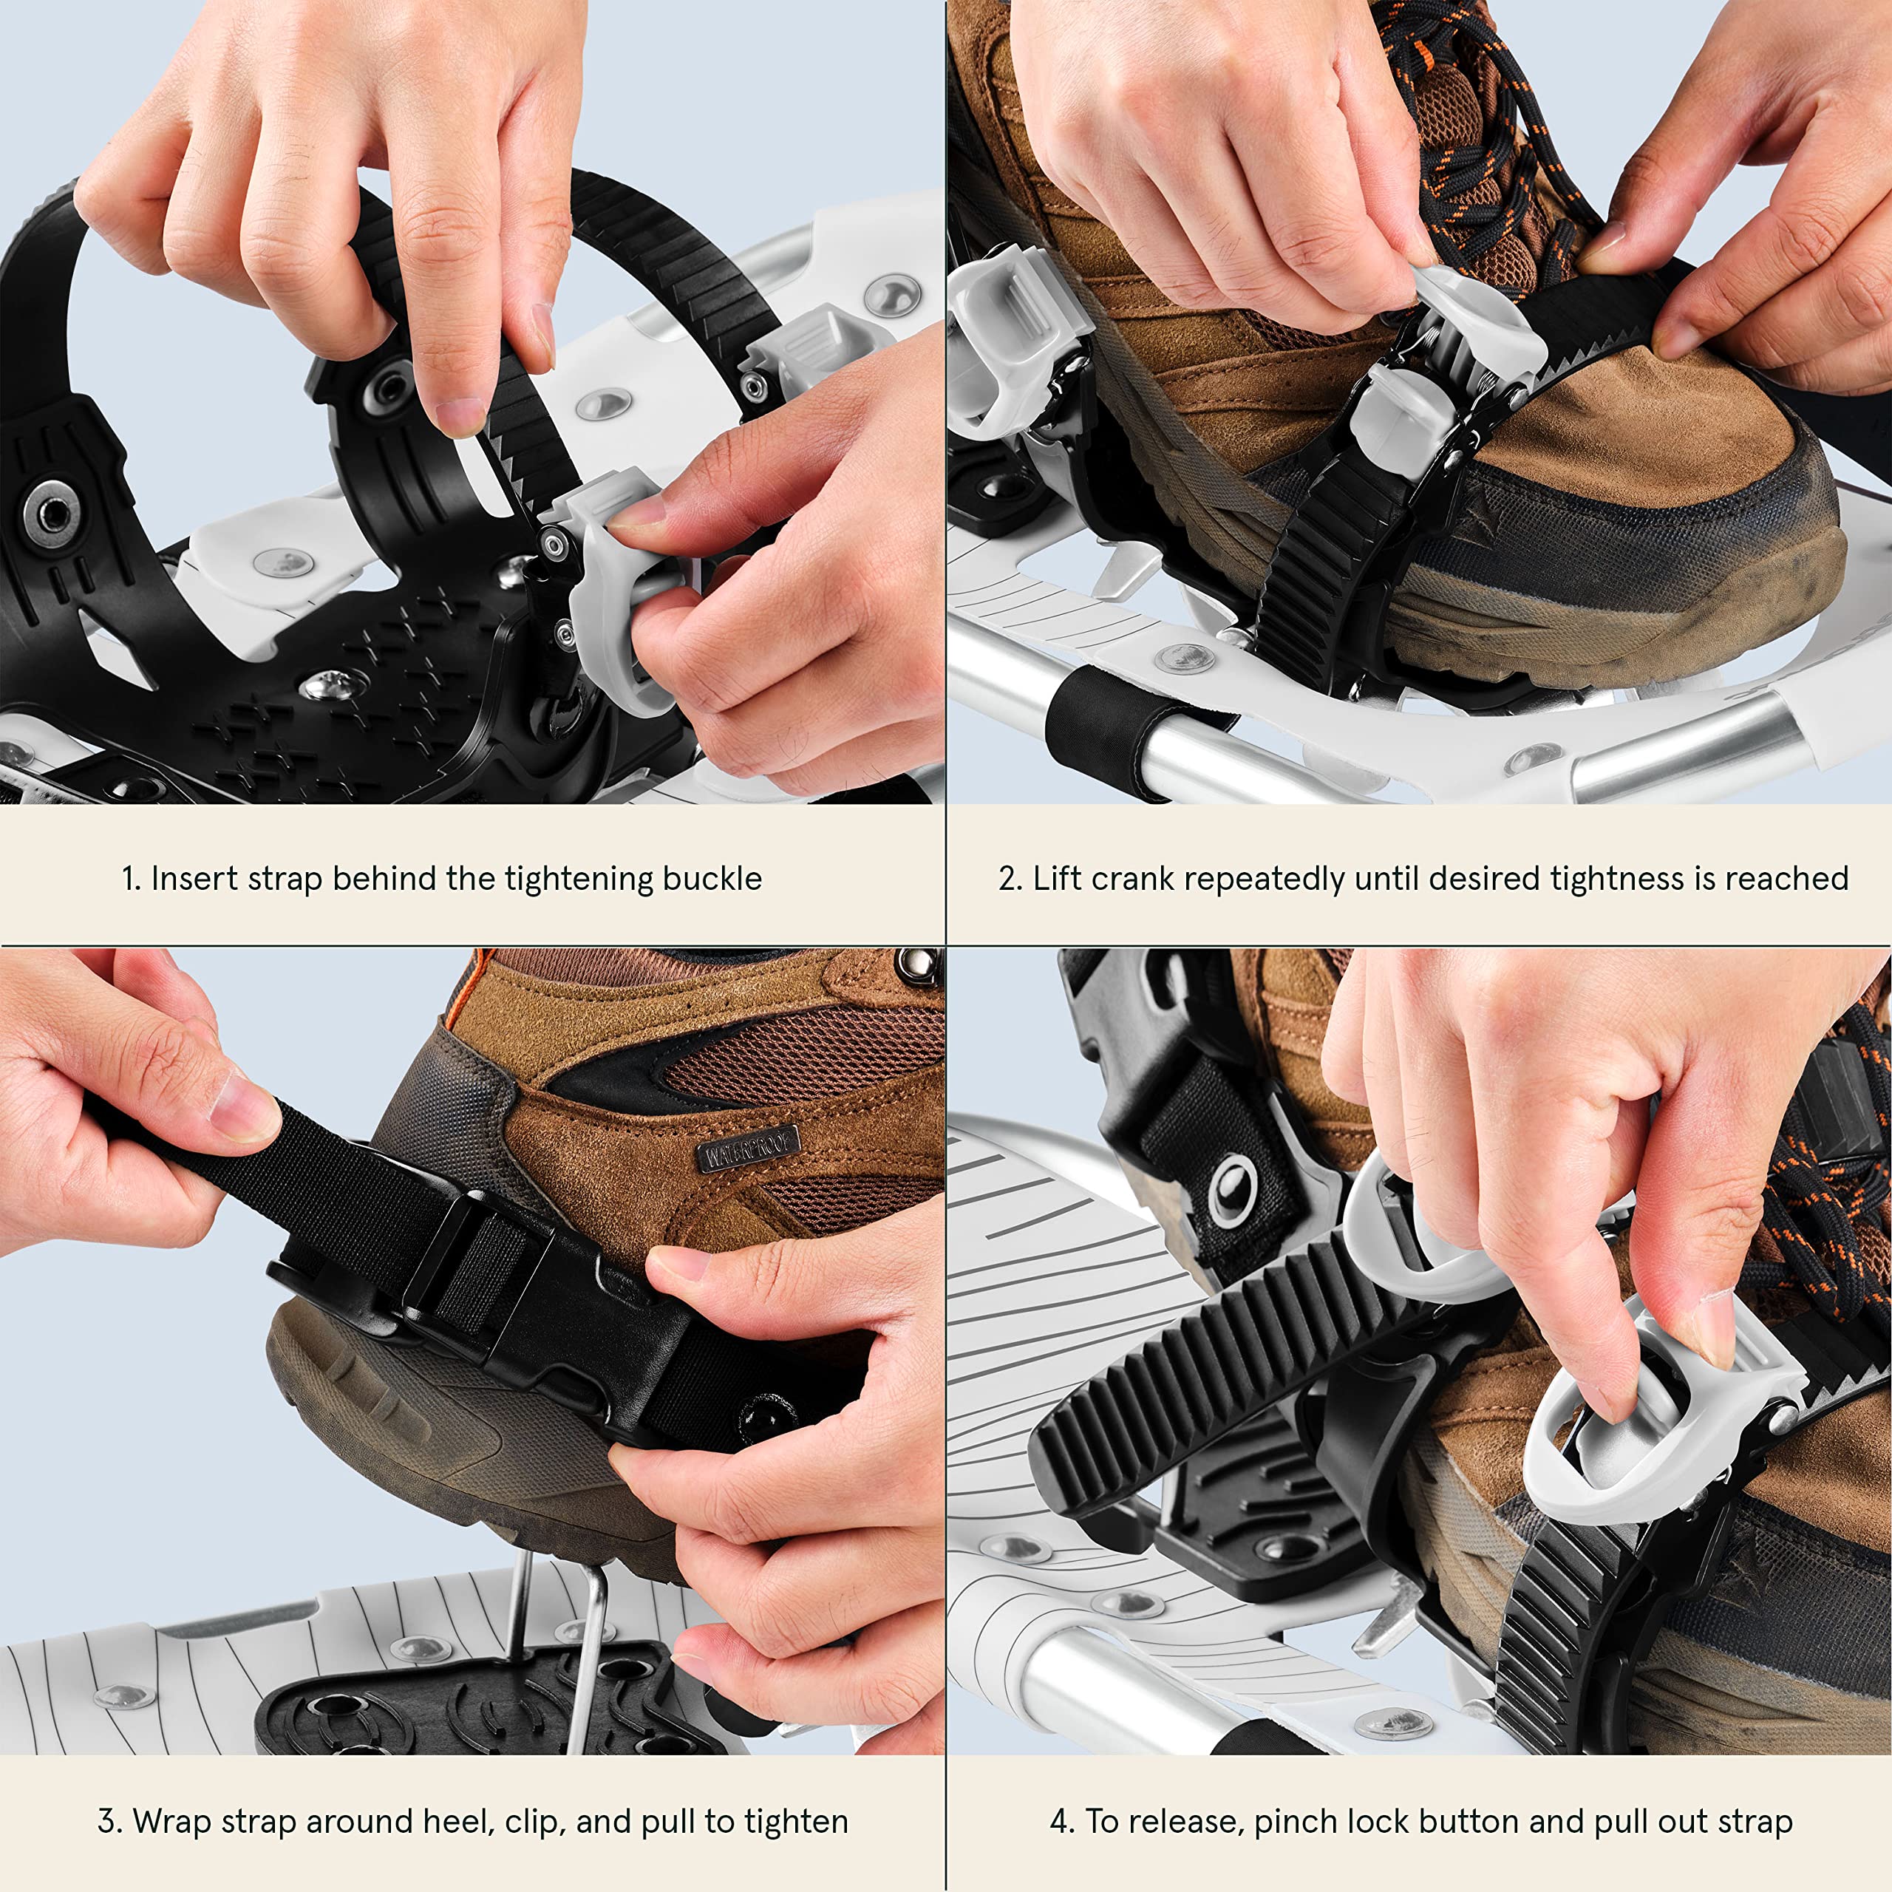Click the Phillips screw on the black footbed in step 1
pos(322,687)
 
